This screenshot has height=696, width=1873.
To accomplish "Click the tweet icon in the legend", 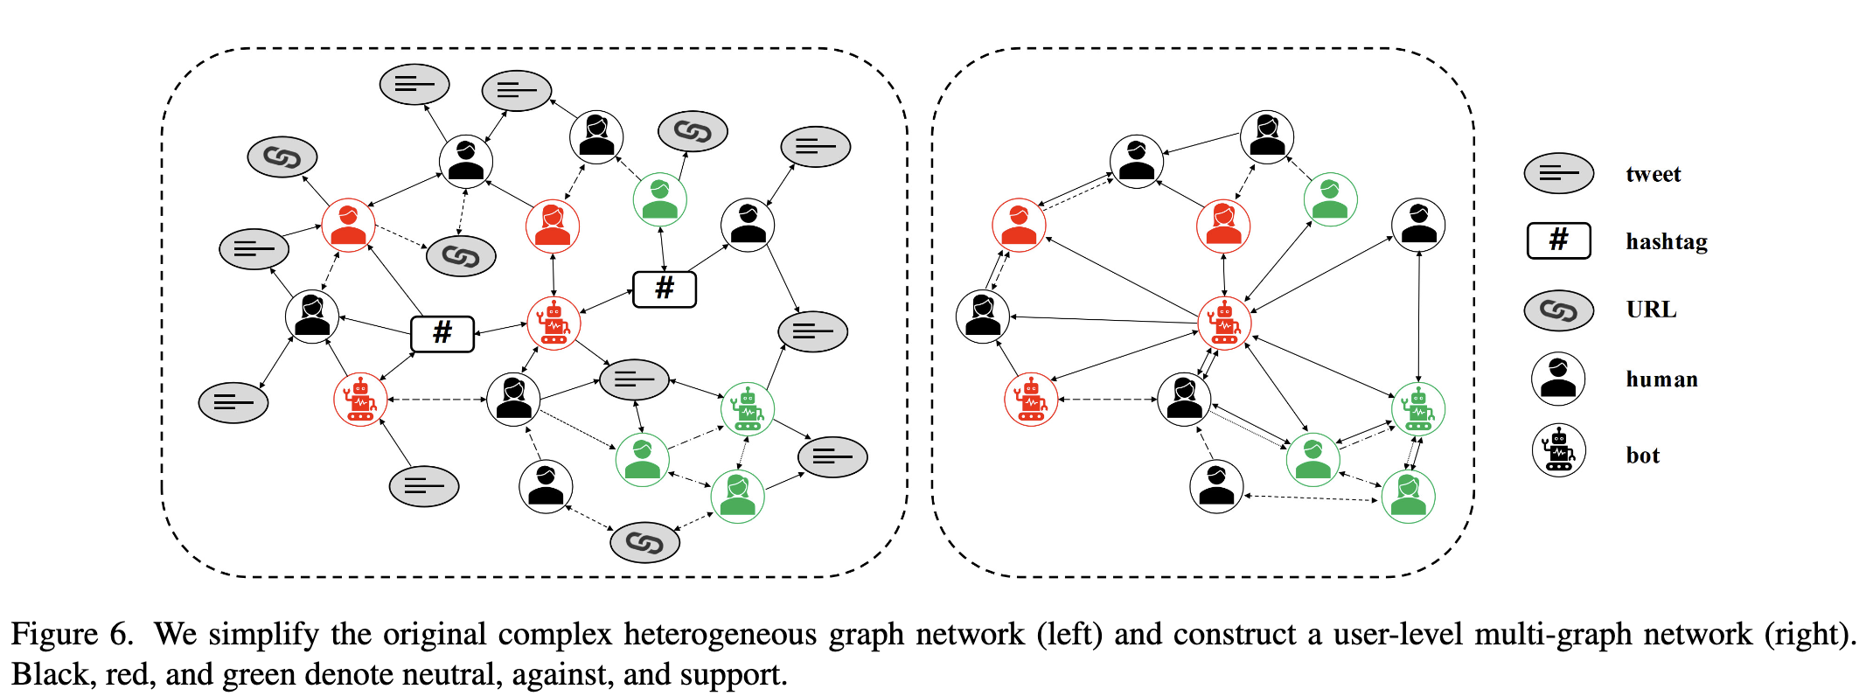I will (x=1558, y=173).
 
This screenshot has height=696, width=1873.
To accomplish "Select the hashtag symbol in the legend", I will (x=1558, y=240).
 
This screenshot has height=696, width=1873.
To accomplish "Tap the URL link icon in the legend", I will (x=1558, y=310).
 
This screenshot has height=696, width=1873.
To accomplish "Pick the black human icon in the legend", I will (x=1558, y=379).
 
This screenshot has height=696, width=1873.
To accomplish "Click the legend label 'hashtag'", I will (x=1666, y=242).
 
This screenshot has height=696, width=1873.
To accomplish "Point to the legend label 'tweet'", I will (x=1653, y=174).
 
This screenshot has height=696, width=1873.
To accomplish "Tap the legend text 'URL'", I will (x=1651, y=310).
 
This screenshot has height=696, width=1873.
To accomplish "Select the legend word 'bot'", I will (x=1642, y=456).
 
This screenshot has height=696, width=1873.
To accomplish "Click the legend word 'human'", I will (x=1661, y=379).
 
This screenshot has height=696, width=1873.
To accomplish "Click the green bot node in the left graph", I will (x=748, y=409).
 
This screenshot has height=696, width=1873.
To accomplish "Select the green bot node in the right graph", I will (x=1417, y=409).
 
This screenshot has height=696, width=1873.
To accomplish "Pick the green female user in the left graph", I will (x=737, y=497).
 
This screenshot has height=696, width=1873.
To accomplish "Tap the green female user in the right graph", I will (x=1408, y=497).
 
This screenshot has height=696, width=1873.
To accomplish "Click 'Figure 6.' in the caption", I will (x=73, y=634).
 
